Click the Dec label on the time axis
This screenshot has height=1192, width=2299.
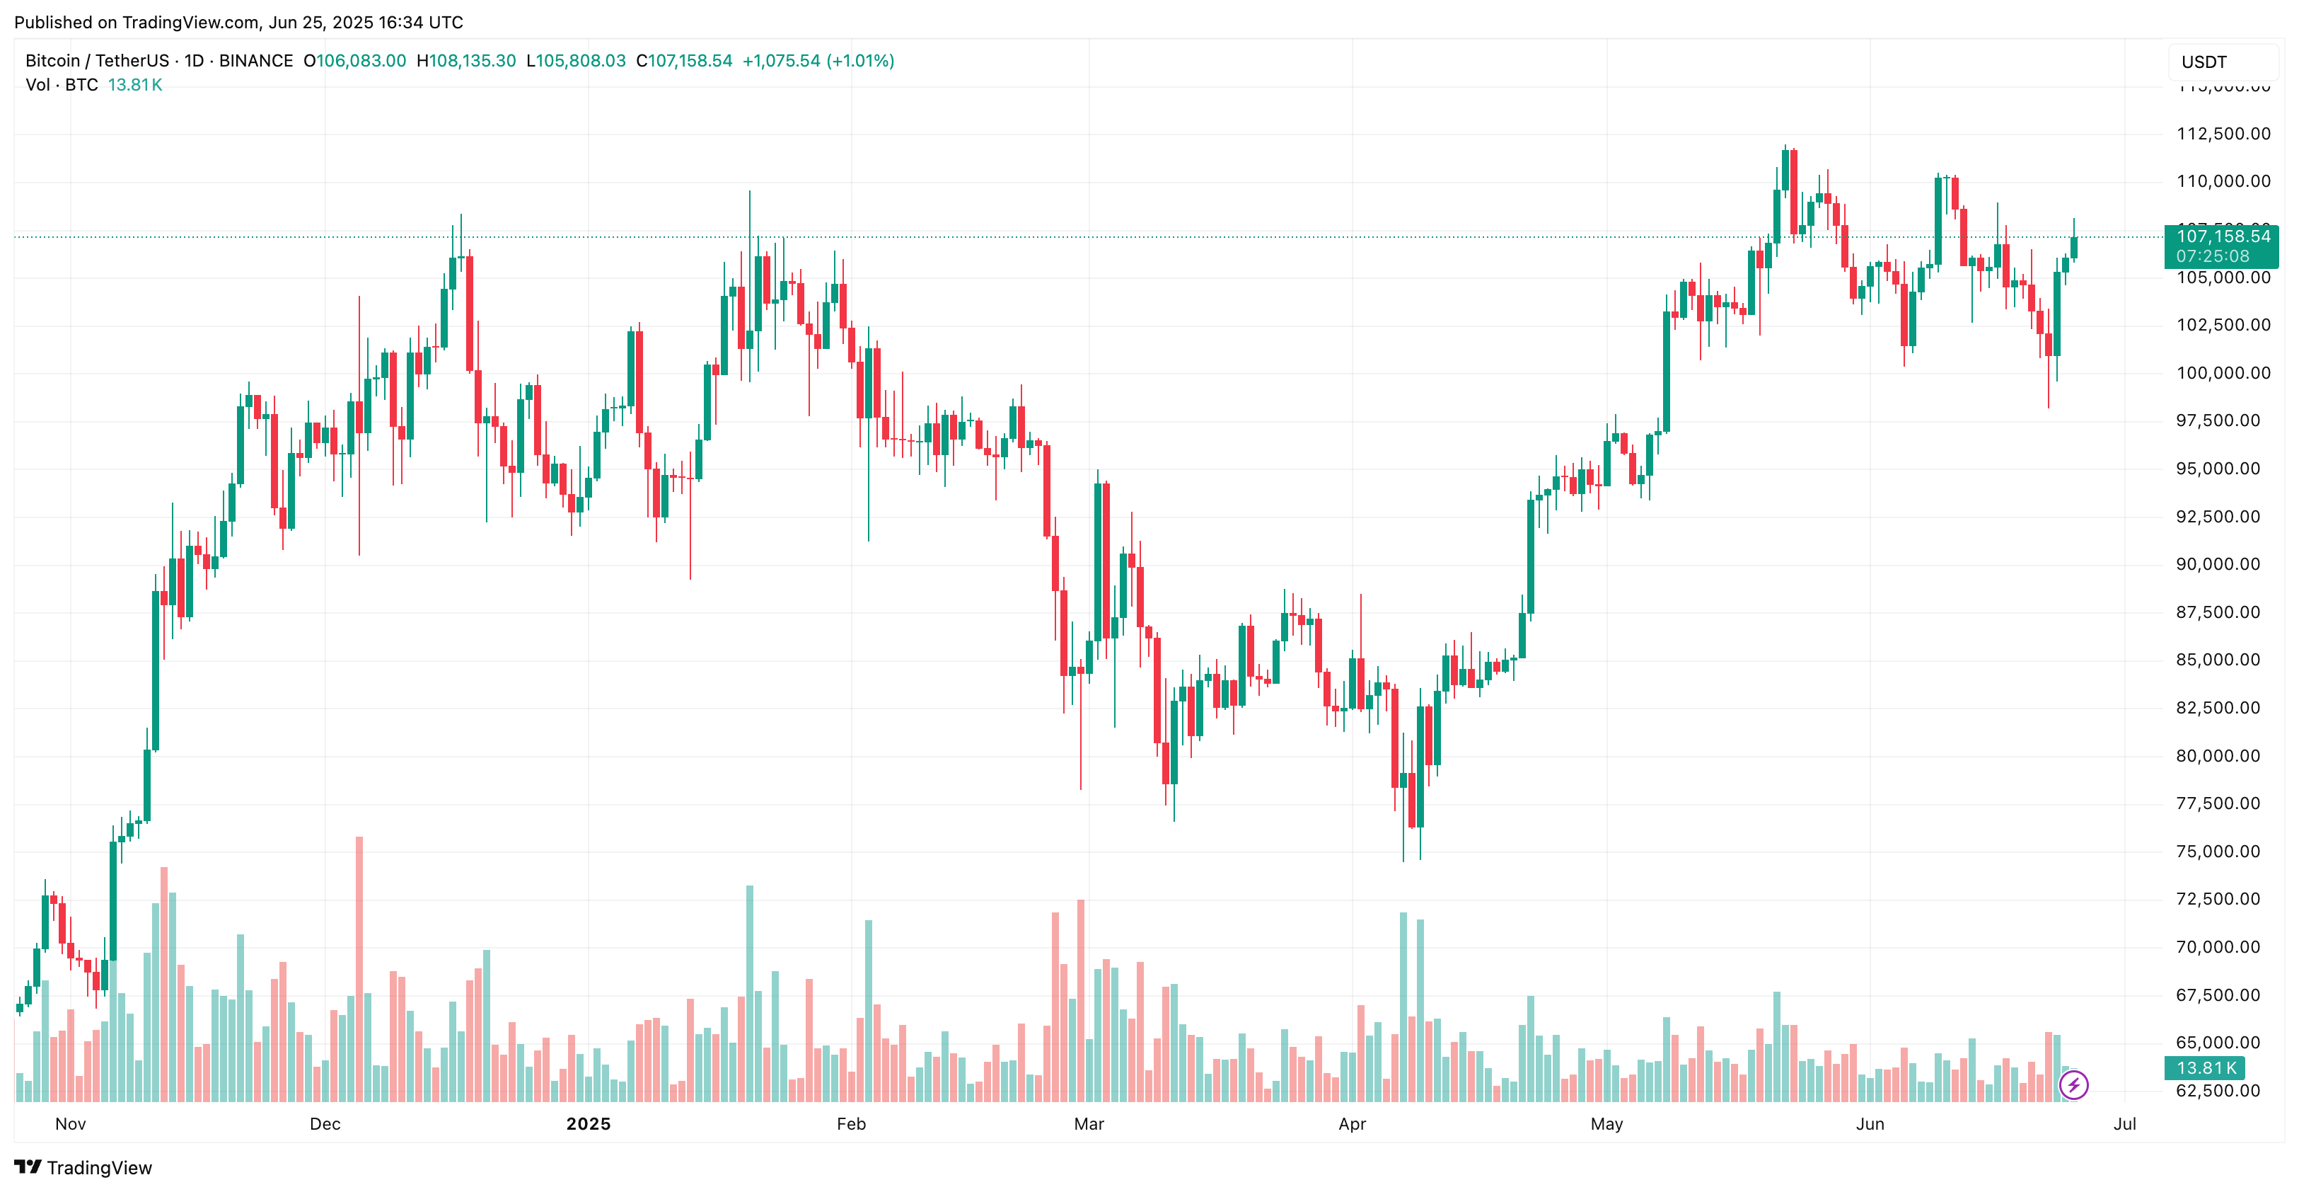pyautogui.click(x=325, y=1124)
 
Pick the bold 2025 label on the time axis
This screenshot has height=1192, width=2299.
pyautogui.click(x=588, y=1124)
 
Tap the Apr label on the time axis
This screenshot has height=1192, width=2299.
pyautogui.click(x=1352, y=1124)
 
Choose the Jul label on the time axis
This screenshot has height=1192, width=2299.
pyautogui.click(x=2124, y=1124)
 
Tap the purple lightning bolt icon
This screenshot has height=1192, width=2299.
pyautogui.click(x=2073, y=1085)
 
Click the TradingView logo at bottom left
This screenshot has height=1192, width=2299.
pyautogui.click(x=83, y=1168)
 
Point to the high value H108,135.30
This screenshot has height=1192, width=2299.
pyautogui.click(x=467, y=61)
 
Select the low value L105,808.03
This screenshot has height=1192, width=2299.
pyautogui.click(x=576, y=61)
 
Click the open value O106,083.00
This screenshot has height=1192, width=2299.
pyautogui.click(x=355, y=61)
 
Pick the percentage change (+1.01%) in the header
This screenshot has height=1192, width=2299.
pyautogui.click(x=860, y=61)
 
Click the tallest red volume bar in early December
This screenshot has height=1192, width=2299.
pyautogui.click(x=359, y=969)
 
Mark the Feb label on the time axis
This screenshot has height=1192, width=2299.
pyautogui.click(x=850, y=1124)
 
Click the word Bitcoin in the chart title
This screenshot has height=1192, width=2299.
pyautogui.click(x=52, y=61)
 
